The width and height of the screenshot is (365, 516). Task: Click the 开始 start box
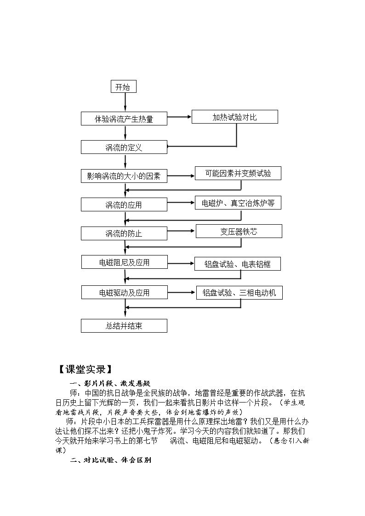tap(123, 86)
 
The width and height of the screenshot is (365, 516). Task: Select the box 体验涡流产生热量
tap(124, 119)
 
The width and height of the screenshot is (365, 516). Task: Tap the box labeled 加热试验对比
tap(234, 117)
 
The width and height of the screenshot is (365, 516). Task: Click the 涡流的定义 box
tap(124, 147)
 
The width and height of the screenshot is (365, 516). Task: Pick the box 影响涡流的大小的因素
tap(124, 176)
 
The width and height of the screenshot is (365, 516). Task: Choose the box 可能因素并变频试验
tap(238, 173)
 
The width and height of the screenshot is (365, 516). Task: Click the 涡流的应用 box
tap(124, 204)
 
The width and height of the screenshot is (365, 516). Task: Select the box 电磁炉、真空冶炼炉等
tap(238, 203)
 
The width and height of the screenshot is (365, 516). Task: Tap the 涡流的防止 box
tap(124, 233)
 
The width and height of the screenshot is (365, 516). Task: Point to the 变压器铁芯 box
tap(239, 231)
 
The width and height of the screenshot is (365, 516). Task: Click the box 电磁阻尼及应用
tap(125, 262)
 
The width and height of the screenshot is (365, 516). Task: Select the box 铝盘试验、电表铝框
tap(238, 264)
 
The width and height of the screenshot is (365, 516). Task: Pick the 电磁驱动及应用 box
tap(125, 292)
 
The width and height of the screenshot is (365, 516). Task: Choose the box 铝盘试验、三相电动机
tap(240, 293)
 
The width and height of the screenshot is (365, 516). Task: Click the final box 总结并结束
tap(124, 326)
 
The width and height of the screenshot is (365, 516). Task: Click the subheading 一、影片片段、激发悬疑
tap(110, 383)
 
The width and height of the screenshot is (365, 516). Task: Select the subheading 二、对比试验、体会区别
tap(111, 460)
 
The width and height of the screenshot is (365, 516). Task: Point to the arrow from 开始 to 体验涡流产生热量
tap(125, 102)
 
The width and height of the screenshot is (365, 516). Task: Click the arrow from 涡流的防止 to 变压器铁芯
tap(181, 231)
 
